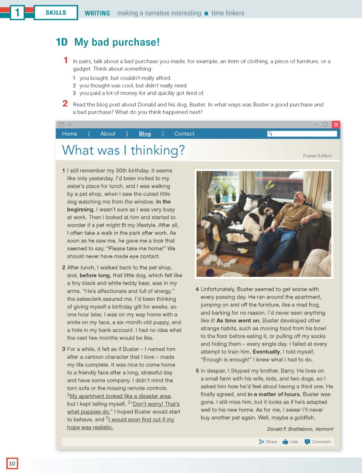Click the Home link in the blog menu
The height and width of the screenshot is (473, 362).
click(x=69, y=134)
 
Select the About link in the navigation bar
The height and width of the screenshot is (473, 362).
click(x=108, y=134)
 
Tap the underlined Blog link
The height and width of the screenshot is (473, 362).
click(x=145, y=134)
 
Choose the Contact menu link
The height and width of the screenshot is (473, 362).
click(x=184, y=134)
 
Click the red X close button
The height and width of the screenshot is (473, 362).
click(x=336, y=125)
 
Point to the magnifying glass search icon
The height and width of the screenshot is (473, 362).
click(x=270, y=134)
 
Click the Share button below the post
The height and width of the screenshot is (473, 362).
click(x=268, y=442)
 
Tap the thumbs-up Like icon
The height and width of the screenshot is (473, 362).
click(x=285, y=442)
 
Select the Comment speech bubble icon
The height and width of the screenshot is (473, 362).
click(x=307, y=442)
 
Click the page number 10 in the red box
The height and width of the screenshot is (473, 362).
click(x=12, y=463)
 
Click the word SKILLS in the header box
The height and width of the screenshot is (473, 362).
click(x=56, y=13)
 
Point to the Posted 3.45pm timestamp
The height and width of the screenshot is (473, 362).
click(x=317, y=156)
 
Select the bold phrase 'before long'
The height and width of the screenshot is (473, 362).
click(x=95, y=275)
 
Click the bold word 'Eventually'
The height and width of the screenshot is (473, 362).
click(x=266, y=352)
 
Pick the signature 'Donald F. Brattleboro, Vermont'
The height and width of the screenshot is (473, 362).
click(x=300, y=429)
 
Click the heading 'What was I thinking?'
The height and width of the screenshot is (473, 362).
click(x=123, y=150)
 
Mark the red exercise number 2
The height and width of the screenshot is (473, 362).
click(x=65, y=103)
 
